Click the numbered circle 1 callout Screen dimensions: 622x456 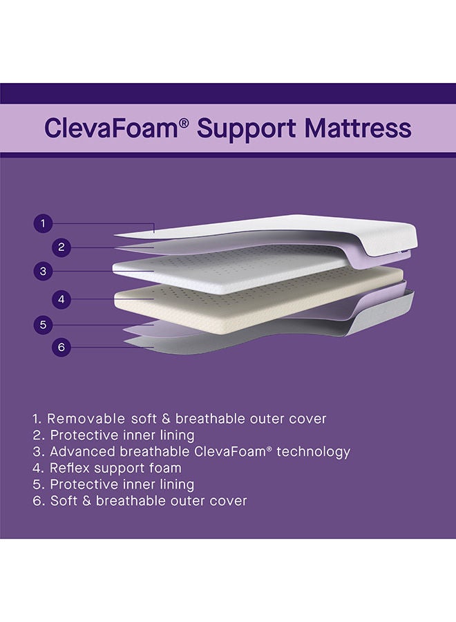[x=43, y=223]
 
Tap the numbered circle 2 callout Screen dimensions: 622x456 [x=61, y=247]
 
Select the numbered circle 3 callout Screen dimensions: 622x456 [x=43, y=271]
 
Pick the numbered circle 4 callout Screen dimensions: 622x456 [x=61, y=299]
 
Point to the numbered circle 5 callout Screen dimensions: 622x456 [x=43, y=323]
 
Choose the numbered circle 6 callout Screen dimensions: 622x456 [x=61, y=347]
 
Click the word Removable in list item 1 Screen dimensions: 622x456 [x=87, y=419]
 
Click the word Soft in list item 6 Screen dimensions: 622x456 [x=64, y=500]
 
